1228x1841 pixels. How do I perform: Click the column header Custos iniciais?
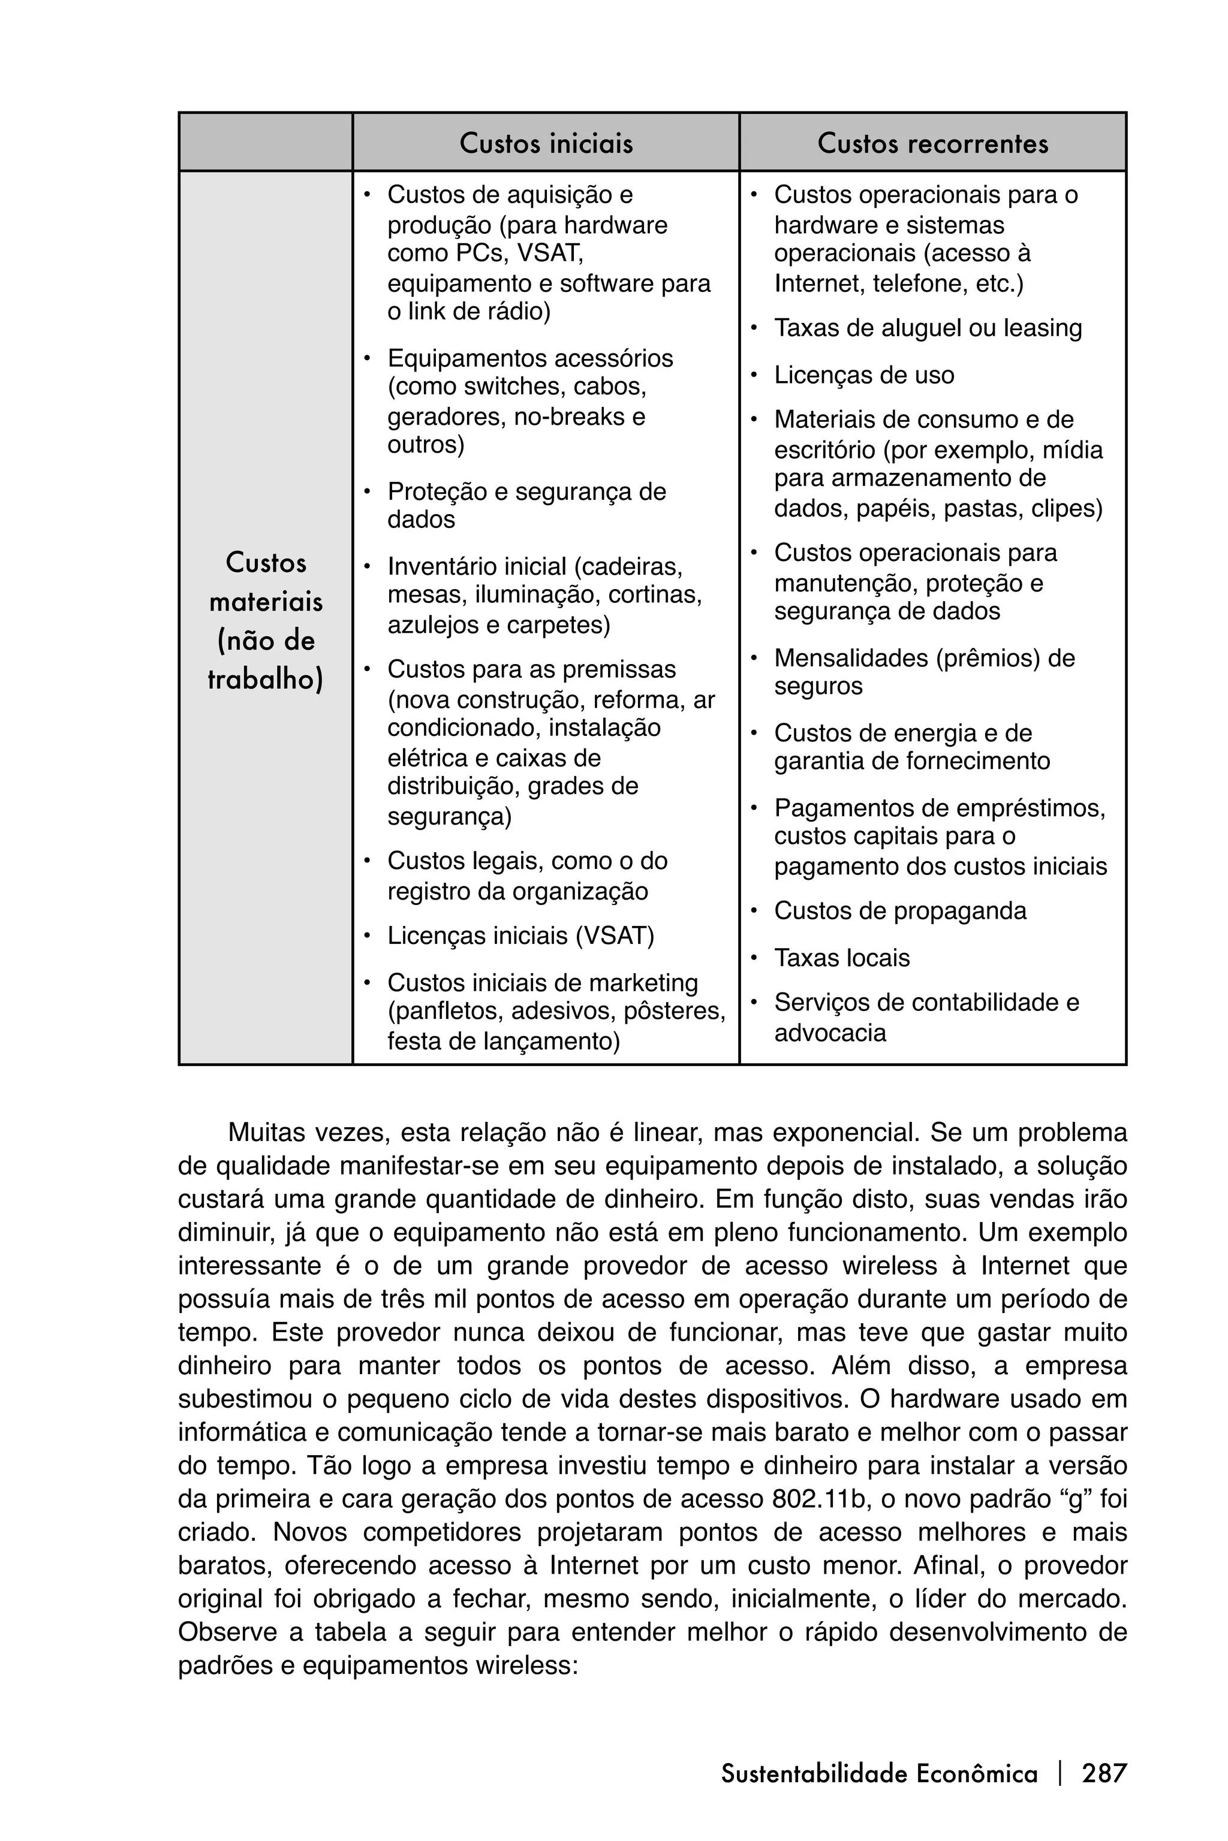coord(546,143)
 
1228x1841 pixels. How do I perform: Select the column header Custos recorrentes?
coord(932,143)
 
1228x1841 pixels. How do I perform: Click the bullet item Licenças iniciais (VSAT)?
coord(520,935)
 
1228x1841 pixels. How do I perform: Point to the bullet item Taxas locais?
coord(842,958)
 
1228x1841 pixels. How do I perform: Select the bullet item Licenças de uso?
coord(864,375)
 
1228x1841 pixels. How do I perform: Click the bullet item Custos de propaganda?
coord(900,911)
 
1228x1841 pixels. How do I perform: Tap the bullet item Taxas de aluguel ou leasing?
coord(927,328)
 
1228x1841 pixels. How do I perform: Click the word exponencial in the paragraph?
coord(835,1133)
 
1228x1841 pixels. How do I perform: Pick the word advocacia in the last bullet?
coord(830,1033)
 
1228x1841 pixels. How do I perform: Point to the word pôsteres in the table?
coord(675,1012)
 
